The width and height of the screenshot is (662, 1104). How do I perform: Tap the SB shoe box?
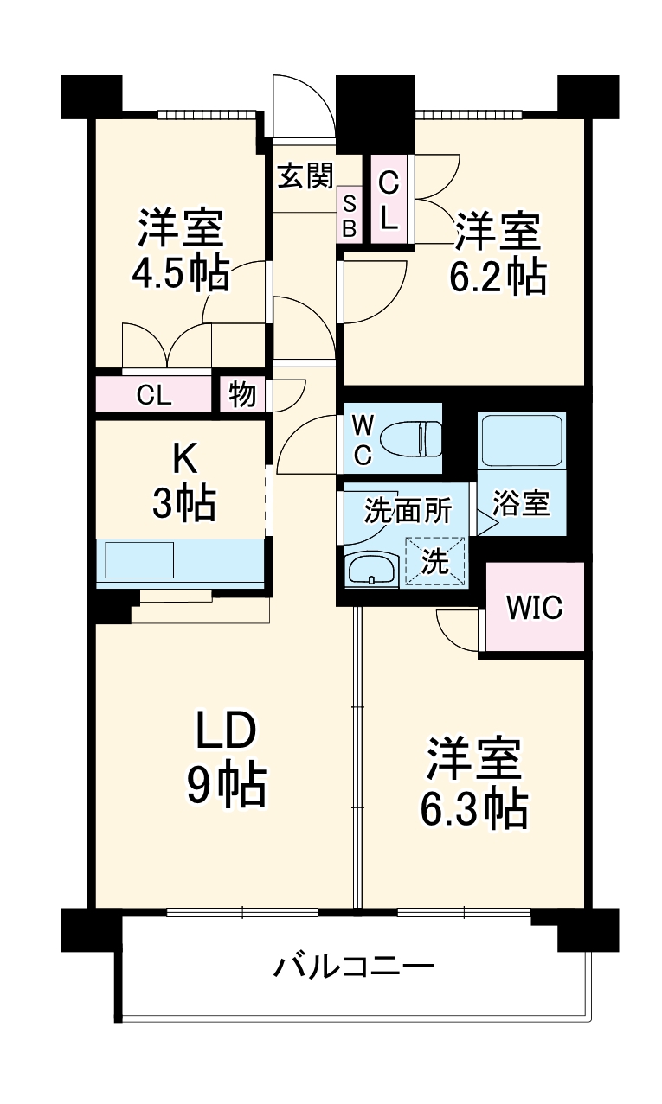(350, 214)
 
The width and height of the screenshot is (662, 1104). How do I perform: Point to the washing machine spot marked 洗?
(435, 563)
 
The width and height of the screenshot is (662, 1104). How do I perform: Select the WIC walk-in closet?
(534, 607)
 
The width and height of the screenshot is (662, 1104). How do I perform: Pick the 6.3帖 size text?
(474, 808)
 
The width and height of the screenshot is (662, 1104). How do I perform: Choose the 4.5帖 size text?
(180, 275)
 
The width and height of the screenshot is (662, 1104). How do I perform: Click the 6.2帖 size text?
(497, 277)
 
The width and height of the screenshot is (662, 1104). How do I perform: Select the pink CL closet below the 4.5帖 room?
(154, 395)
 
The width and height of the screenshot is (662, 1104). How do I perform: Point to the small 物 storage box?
(241, 394)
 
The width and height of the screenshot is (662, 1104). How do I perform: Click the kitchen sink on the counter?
(139, 560)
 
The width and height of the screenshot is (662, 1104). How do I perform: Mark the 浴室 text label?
(522, 504)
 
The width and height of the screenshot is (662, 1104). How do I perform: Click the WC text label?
(364, 440)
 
